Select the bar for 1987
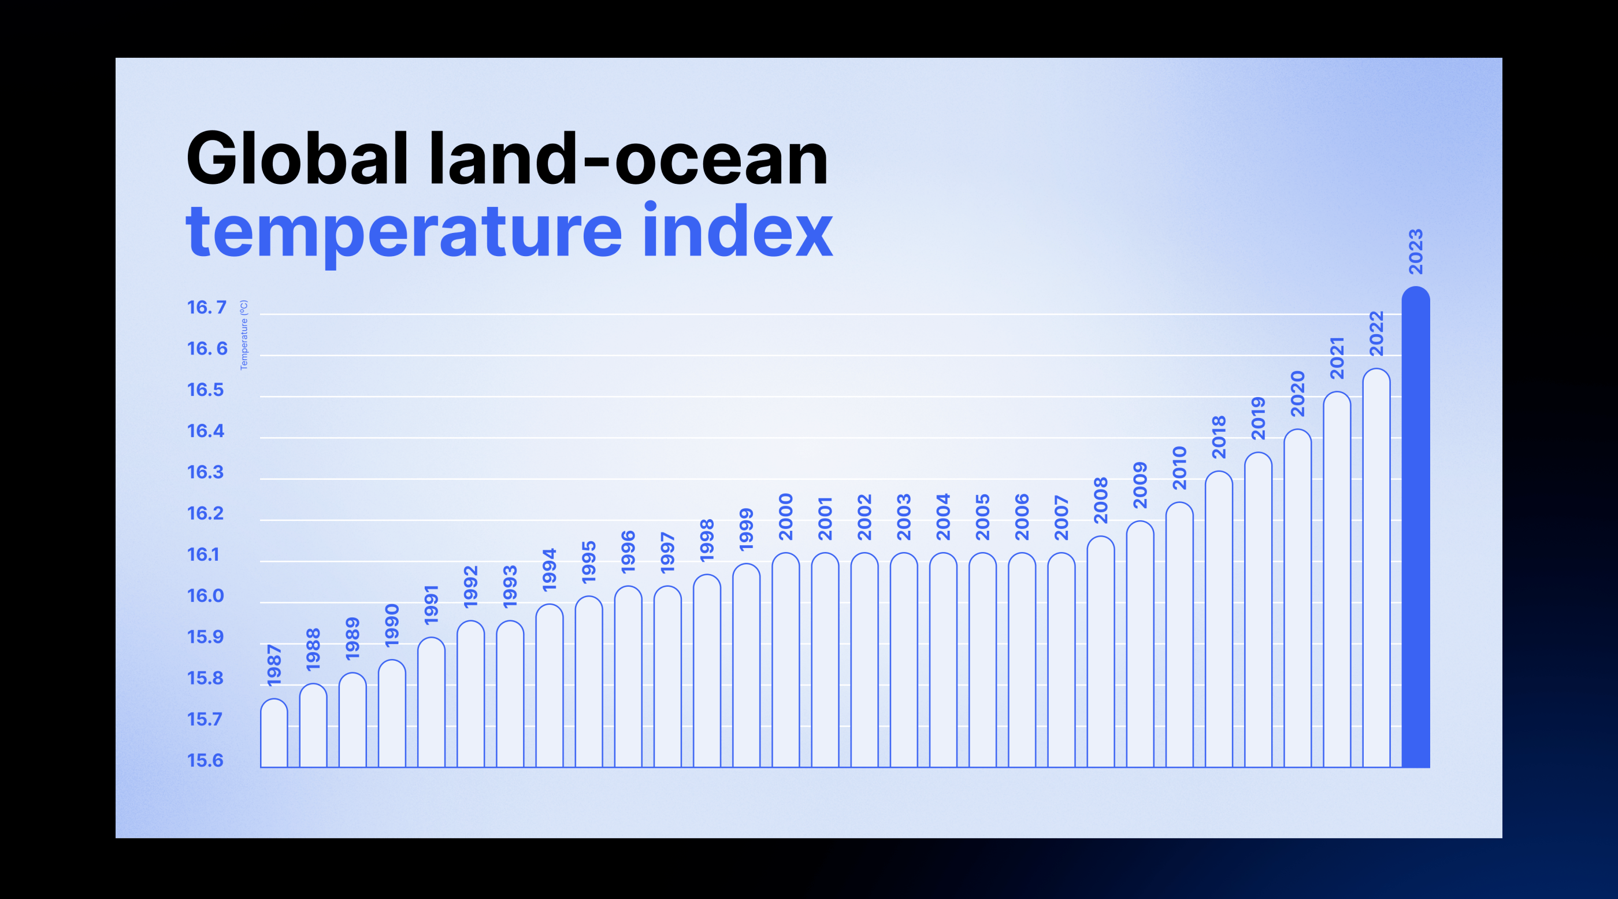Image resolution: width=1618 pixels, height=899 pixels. [x=274, y=733]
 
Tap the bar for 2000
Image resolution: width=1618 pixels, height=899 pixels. [x=786, y=660]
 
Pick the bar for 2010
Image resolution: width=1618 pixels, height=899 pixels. [x=1179, y=635]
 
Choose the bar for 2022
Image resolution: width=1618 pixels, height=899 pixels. [x=1376, y=568]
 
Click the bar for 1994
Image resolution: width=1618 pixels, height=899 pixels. [x=550, y=686]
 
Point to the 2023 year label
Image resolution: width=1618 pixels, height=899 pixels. [x=1416, y=251]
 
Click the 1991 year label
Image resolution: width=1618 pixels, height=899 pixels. [x=431, y=604]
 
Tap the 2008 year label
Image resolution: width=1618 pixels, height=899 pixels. [x=1100, y=500]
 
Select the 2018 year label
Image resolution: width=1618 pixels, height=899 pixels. [x=1219, y=436]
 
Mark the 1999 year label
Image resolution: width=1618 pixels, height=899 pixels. [x=746, y=530]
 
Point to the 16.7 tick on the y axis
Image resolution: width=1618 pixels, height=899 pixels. [x=207, y=307]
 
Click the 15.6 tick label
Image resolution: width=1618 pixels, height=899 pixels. [x=205, y=760]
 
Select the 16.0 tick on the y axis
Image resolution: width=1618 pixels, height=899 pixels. [x=205, y=595]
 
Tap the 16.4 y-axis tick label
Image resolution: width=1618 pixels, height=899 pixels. [x=205, y=431]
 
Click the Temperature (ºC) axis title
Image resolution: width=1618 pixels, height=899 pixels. [x=244, y=335]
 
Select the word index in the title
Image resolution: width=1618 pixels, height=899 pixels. [x=738, y=230]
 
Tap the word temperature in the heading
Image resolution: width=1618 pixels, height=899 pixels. [x=404, y=234]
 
